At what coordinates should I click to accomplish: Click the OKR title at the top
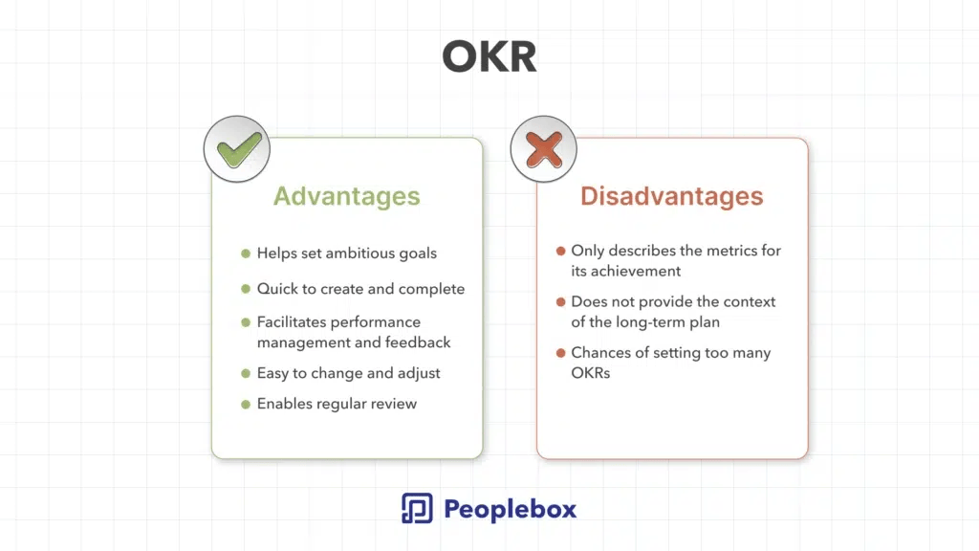point(489,56)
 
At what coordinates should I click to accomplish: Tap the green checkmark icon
point(238,150)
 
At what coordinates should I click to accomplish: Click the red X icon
point(544,150)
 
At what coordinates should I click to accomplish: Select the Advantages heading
point(346,196)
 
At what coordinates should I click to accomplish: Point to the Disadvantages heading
point(672,196)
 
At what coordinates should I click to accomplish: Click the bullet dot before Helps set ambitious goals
point(246,253)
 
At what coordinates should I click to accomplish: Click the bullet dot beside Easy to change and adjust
point(246,374)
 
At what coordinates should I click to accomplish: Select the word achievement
point(636,271)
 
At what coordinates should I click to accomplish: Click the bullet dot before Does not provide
point(560,301)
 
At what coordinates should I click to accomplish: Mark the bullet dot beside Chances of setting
point(560,353)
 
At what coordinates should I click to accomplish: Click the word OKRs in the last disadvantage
point(591,373)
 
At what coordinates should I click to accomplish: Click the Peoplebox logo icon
point(417,508)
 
